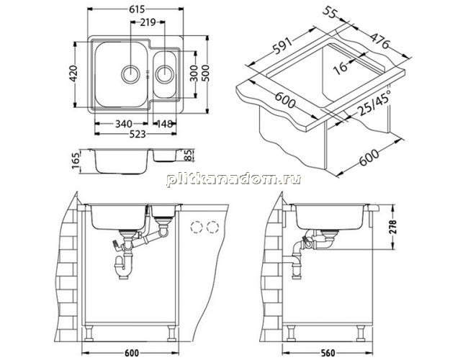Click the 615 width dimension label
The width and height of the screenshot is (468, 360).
[x=137, y=9]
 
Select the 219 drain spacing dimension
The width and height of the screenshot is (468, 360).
[x=148, y=22]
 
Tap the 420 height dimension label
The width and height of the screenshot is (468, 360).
[x=73, y=73]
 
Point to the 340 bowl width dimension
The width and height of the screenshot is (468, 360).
[x=124, y=123]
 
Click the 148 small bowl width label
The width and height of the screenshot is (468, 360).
[x=165, y=123]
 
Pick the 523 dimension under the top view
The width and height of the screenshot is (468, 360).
[x=138, y=134]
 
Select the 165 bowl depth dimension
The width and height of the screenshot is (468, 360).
[x=76, y=161]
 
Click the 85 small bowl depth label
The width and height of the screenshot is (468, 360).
[x=189, y=156]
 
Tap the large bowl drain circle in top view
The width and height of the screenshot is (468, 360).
[x=130, y=73]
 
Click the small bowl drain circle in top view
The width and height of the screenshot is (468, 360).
[x=164, y=73]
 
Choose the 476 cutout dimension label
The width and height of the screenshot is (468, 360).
[x=380, y=40]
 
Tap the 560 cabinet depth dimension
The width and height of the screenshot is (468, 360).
[x=328, y=353]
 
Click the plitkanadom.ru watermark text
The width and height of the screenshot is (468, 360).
[x=233, y=179]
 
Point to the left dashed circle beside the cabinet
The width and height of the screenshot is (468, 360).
[x=197, y=228]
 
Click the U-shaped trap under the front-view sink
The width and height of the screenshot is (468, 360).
[x=123, y=266]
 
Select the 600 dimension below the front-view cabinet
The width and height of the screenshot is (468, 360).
[x=131, y=353]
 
